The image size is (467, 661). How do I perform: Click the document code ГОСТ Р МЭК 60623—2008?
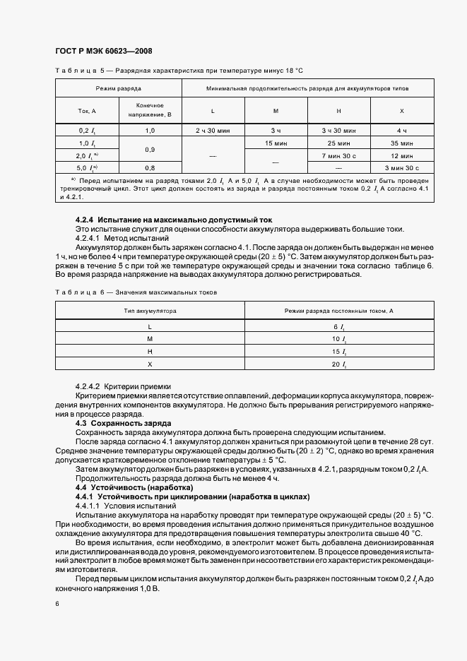pos(103,51)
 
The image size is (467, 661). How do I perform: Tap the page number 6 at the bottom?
pos(57,604)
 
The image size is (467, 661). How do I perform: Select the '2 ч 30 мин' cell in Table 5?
pos(213,131)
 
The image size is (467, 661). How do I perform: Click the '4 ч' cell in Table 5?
pos(402,131)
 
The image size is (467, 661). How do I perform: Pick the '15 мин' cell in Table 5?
pos(276,143)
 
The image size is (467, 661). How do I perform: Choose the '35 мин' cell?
pos(402,143)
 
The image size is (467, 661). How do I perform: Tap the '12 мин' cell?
pos(402,155)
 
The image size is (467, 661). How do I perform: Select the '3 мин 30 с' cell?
pos(402,168)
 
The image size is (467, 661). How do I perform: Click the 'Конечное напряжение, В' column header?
pos(150,109)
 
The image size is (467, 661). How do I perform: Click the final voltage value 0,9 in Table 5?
pos(150,150)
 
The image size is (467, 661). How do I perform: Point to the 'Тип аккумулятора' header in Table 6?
pos(150,310)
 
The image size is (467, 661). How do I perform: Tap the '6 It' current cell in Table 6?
pos(338,326)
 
